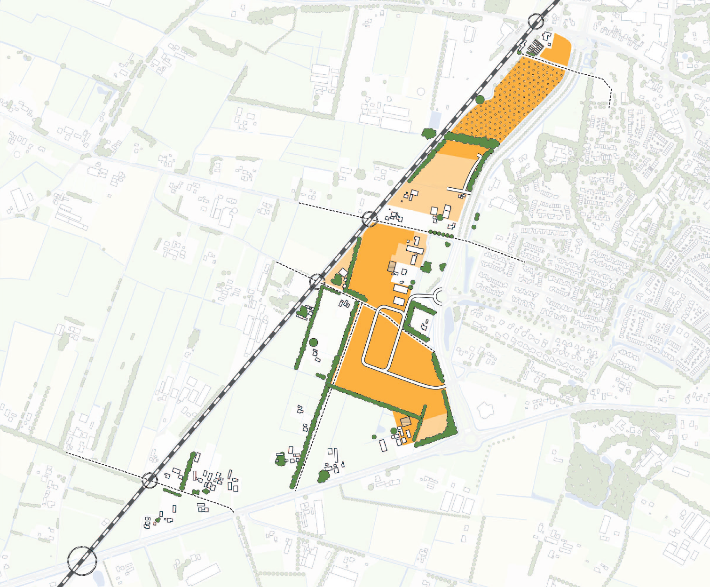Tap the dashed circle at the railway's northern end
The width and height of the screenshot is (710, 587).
click(x=536, y=21)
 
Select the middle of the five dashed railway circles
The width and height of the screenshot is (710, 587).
click(x=317, y=281)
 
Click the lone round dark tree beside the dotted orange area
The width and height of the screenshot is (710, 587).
click(x=480, y=99)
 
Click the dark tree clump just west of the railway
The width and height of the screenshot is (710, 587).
click(x=428, y=133)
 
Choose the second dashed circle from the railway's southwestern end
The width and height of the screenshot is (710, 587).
click(x=150, y=480)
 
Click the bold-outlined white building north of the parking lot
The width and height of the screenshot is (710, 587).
click(x=547, y=36)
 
